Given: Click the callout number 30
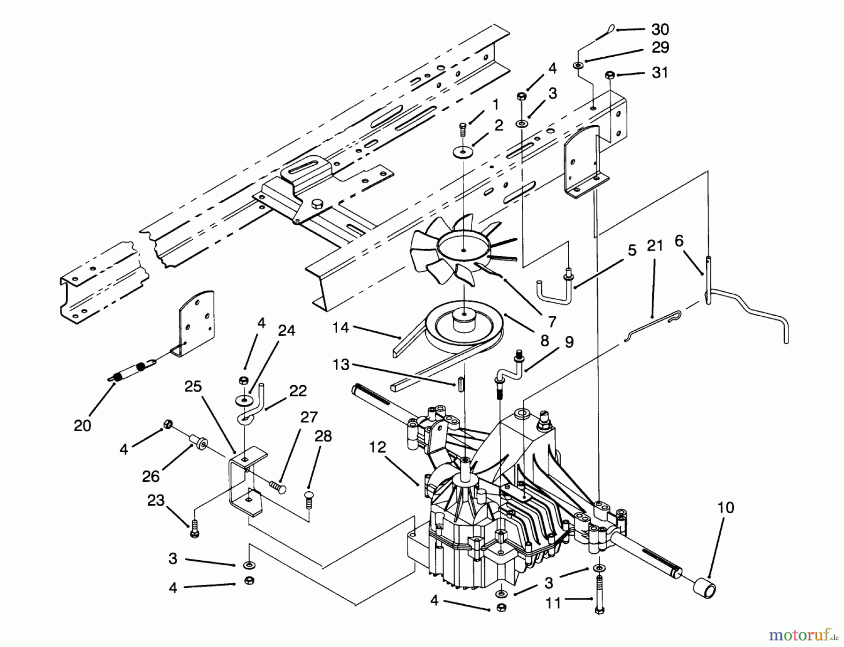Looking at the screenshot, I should tap(660, 30).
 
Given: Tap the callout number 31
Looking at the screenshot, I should tap(660, 73).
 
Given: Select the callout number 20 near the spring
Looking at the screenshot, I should tap(82, 426).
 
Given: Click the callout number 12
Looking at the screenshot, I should tap(377, 447).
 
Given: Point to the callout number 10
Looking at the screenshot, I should tap(725, 508).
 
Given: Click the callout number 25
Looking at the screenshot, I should tap(193, 387).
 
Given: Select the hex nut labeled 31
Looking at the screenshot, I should tap(610, 75).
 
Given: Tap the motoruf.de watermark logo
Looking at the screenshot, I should tap(802, 636).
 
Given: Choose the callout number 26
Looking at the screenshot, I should tap(151, 476).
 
